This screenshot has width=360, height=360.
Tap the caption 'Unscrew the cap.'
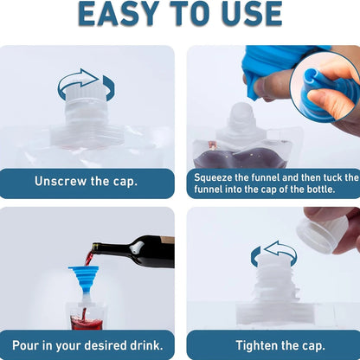[86, 182]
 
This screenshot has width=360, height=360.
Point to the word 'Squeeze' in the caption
[216, 177]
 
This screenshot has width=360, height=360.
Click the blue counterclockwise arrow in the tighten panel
[273, 254]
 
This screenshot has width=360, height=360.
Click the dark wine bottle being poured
[138, 251]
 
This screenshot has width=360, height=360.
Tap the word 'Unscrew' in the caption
[61, 182]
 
